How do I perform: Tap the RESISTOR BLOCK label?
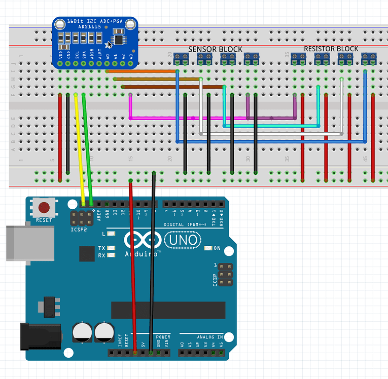point(331,49)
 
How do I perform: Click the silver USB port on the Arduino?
point(29,243)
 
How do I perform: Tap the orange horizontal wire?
point(142,71)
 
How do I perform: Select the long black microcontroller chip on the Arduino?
point(168,310)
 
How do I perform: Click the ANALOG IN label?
point(209,337)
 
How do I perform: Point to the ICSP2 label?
point(79,230)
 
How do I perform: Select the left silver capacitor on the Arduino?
point(82,332)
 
